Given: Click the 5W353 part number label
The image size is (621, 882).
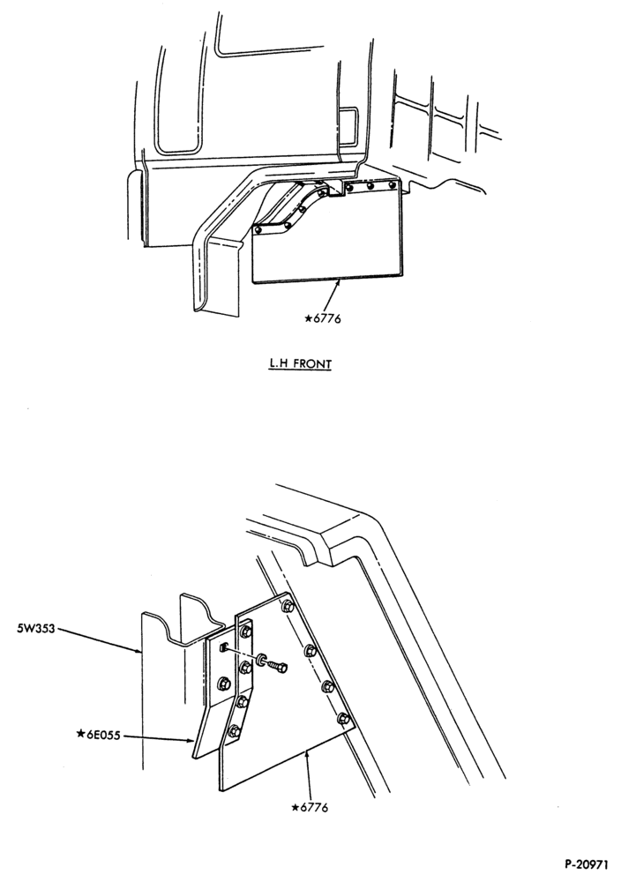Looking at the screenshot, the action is click(36, 628).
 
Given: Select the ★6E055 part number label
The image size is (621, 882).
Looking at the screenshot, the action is click(98, 735).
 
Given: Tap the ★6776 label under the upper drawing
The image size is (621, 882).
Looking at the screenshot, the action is click(322, 318).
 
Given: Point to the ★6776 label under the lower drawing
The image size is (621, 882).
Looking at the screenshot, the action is click(310, 808).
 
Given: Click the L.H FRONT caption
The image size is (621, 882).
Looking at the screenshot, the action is click(299, 364).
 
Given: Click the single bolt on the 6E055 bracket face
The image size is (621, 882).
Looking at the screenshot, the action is click(223, 684).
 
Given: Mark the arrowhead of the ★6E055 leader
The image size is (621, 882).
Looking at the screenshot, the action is click(191, 740).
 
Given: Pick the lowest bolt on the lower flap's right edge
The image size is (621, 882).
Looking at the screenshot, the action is click(342, 718).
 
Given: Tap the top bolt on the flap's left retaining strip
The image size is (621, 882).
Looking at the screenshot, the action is click(246, 632).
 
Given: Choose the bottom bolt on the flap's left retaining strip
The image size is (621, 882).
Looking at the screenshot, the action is click(234, 731).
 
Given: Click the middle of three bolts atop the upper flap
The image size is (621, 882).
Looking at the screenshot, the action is click(370, 185).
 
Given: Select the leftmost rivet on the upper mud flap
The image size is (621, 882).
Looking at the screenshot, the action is click(258, 229).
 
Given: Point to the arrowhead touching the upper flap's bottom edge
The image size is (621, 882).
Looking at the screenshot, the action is click(339, 285).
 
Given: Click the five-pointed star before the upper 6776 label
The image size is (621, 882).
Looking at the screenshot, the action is click(308, 318).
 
